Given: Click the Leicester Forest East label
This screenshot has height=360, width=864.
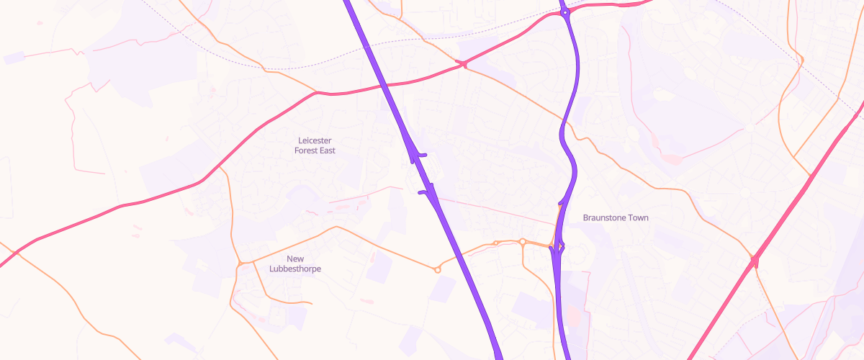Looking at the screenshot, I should click(315, 145).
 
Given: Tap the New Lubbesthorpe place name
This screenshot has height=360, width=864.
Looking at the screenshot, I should click(294, 264).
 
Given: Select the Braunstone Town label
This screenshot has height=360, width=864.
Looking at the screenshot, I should click(616, 217).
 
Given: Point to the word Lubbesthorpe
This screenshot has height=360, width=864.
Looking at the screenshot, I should click(294, 269).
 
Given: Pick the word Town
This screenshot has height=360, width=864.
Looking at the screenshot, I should click(637, 217).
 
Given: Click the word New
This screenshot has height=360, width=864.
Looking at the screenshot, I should click(295, 258).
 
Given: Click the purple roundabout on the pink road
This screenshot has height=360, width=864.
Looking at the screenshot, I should click(565, 12).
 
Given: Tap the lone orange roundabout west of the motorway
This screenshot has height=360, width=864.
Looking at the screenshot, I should click(437, 270).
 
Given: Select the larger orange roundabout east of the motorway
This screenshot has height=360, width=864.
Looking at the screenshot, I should click(522, 241).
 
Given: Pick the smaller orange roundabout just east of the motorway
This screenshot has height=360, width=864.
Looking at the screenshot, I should click(495, 243).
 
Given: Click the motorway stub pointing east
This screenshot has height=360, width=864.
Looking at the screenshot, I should click(424, 155).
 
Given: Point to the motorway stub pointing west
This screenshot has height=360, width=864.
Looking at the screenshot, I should click(421, 192).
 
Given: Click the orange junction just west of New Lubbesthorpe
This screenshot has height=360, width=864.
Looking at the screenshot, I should click(238, 264).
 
